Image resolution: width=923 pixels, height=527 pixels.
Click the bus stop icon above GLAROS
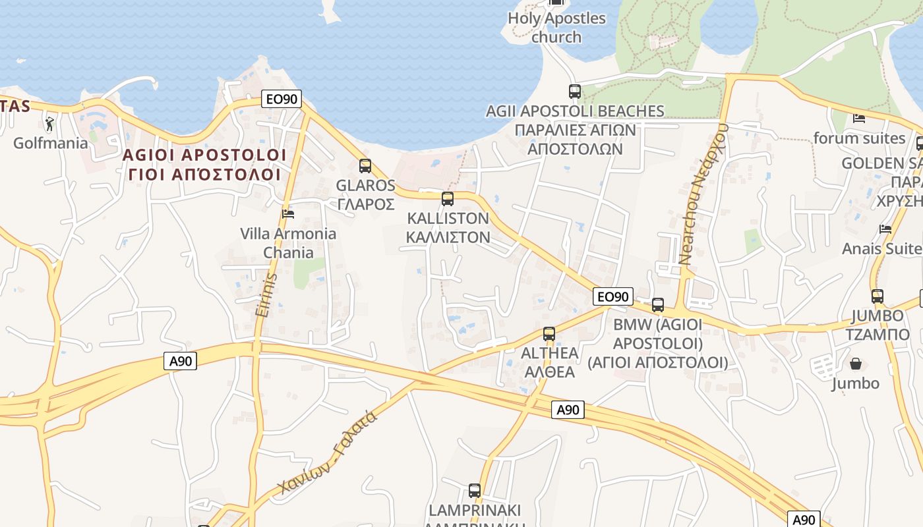(x=365, y=166)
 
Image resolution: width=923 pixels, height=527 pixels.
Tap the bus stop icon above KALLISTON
(x=448, y=198)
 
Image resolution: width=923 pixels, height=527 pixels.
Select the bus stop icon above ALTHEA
(x=549, y=334)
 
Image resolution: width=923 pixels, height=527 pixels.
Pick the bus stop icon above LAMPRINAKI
(x=475, y=491)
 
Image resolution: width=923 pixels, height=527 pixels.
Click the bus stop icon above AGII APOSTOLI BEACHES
(x=575, y=92)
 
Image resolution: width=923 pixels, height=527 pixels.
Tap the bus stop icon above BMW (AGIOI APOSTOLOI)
(x=658, y=305)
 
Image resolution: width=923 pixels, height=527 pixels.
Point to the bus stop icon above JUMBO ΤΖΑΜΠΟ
(x=878, y=296)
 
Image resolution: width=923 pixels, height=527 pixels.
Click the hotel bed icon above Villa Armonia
(x=288, y=213)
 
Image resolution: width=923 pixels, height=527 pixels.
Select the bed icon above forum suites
(x=859, y=119)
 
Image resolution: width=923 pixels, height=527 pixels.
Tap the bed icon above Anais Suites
(x=885, y=229)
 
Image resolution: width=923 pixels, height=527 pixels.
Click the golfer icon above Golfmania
(x=49, y=123)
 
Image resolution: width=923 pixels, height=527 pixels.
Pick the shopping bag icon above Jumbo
(x=856, y=364)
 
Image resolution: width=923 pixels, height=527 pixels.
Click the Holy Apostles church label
(x=556, y=27)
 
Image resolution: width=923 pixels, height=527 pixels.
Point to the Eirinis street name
(x=264, y=294)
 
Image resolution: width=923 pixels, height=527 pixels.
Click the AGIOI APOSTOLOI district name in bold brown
(x=205, y=155)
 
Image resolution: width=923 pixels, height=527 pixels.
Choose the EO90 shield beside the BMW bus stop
(x=612, y=296)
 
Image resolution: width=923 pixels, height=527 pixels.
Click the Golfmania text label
(x=51, y=143)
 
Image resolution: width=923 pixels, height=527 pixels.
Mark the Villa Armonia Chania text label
(x=288, y=242)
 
